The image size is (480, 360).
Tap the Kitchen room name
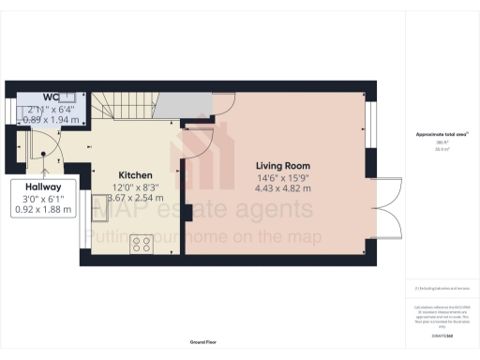click(135, 174)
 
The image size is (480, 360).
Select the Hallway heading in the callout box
click(43, 186)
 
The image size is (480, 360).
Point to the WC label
click(51, 97)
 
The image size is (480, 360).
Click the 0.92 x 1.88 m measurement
click(43, 209)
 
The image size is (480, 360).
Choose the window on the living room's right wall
click(368, 121)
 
